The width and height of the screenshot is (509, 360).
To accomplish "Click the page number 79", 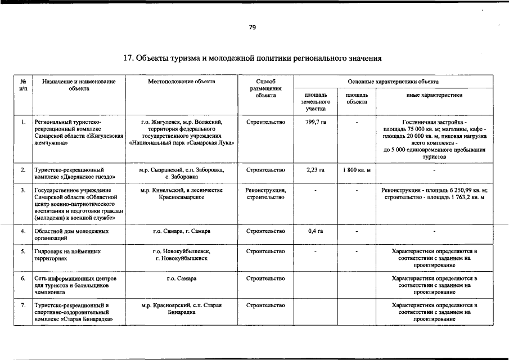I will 253,27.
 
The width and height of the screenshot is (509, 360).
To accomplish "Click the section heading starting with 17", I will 253,58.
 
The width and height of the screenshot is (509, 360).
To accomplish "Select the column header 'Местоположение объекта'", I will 182,82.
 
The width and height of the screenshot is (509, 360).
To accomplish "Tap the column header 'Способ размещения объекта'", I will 265,88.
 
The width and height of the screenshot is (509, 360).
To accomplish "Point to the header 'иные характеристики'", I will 434,95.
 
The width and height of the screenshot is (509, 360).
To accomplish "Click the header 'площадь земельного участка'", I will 316,102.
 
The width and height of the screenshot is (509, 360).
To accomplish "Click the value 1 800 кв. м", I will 357,169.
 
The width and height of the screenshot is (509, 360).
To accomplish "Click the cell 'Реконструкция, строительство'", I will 265,194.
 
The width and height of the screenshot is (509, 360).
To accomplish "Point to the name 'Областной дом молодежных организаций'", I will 71,235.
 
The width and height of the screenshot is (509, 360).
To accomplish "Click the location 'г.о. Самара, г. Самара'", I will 182,231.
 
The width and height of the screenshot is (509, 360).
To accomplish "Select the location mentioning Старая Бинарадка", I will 182,309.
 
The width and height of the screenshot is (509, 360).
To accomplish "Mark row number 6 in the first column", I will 23,278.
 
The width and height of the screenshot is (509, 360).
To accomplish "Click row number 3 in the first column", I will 23,191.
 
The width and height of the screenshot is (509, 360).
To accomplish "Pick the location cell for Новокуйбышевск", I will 182,255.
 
